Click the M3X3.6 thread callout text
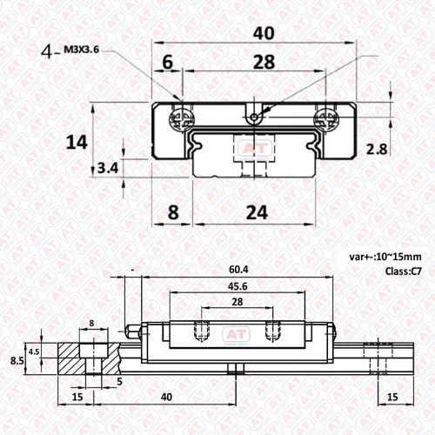click(x=81, y=50)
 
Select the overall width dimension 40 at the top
click(x=264, y=33)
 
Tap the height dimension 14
click(x=77, y=143)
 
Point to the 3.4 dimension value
click(x=108, y=168)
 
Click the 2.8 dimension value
click(x=377, y=150)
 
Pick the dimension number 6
click(x=167, y=62)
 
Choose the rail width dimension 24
click(x=257, y=212)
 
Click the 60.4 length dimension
click(x=238, y=270)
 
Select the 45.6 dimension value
click(x=238, y=286)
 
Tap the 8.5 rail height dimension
click(x=17, y=361)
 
